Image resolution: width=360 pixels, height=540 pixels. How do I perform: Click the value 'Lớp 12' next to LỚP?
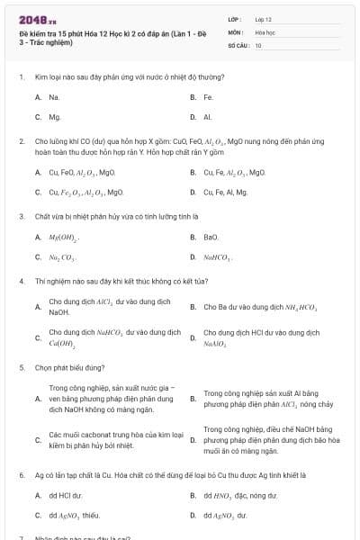(x=264, y=18)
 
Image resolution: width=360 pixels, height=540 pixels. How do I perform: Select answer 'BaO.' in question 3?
(x=211, y=238)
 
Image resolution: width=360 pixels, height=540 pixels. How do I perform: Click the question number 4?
(x=21, y=281)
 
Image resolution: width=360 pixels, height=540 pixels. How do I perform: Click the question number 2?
(x=21, y=141)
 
